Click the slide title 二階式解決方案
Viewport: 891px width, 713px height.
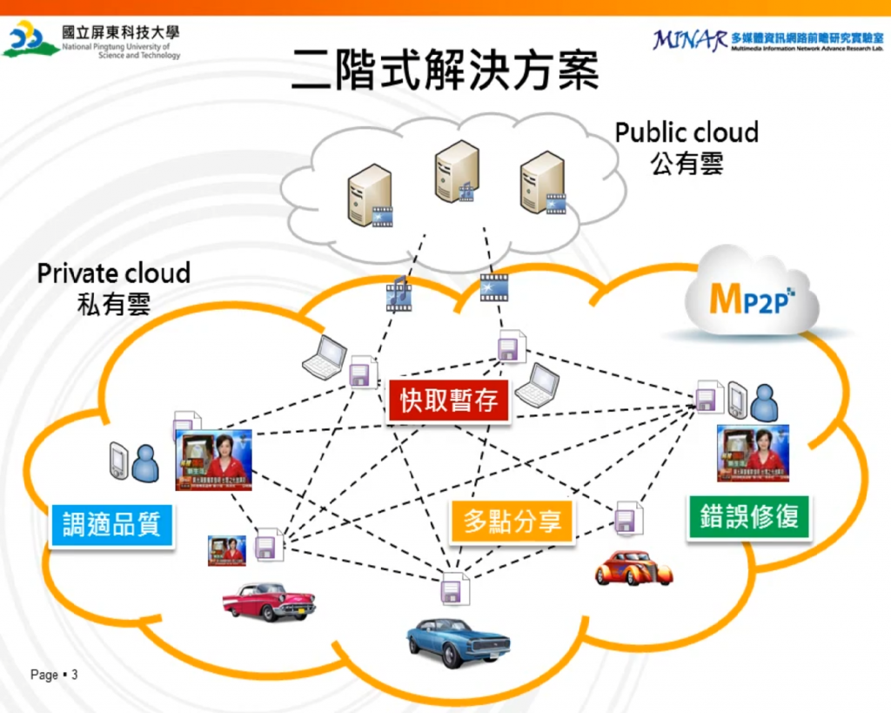[x=445, y=70]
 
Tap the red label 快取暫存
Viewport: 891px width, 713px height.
[x=449, y=400]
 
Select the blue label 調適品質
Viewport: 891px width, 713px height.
[x=111, y=524]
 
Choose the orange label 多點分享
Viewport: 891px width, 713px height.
[x=512, y=521]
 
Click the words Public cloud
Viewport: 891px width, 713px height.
[x=687, y=132]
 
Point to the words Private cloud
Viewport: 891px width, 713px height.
[x=113, y=272]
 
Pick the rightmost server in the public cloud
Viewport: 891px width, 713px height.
[x=542, y=183]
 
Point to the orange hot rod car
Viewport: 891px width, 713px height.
[x=633, y=568]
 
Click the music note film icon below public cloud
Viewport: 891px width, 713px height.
[x=399, y=293]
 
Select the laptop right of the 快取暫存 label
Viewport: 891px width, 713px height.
[x=538, y=385]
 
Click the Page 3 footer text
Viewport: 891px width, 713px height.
[x=54, y=675]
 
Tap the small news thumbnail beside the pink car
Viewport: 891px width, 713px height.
[x=226, y=550]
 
